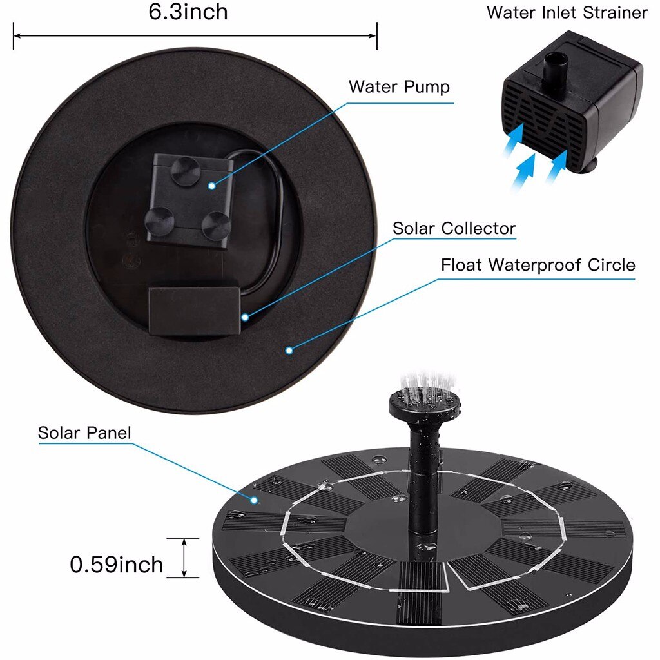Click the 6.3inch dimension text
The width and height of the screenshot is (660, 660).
click(188, 13)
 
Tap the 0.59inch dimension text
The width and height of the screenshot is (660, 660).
click(116, 565)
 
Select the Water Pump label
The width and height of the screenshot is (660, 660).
click(399, 87)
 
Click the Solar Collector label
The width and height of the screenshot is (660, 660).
click(454, 228)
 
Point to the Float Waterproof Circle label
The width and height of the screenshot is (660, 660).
click(538, 265)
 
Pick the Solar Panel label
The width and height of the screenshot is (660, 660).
click(84, 432)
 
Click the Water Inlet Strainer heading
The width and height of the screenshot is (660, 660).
click(567, 13)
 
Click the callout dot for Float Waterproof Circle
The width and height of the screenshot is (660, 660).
click(289, 350)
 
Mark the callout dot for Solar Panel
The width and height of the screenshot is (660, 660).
click(255, 499)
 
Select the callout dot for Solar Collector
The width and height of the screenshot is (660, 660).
click(245, 316)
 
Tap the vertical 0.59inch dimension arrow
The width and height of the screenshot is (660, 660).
click(184, 557)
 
